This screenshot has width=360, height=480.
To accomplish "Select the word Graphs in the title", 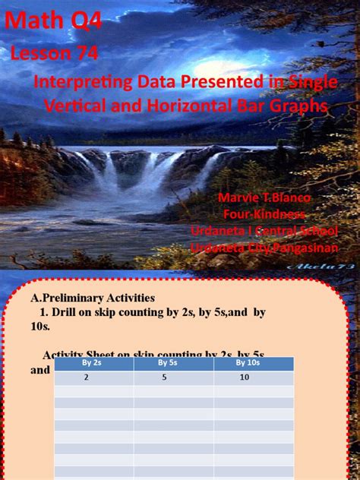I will click(x=297, y=106).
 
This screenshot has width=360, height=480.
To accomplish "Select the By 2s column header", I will click(x=93, y=364).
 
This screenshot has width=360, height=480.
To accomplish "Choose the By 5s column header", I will click(x=173, y=364).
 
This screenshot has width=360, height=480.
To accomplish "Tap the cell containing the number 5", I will click(x=173, y=377).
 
